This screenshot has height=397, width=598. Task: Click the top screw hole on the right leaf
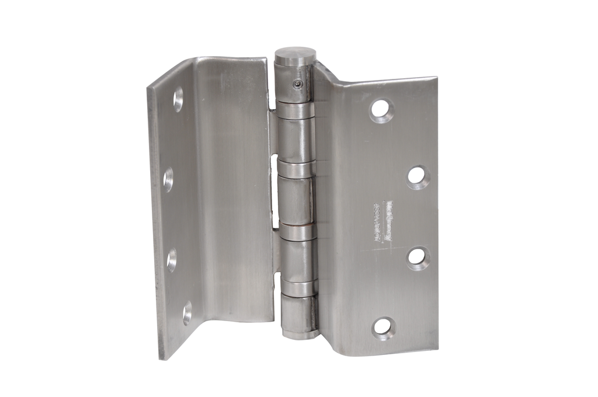tap(381, 111)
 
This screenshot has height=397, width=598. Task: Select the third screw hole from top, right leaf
tap(418, 258)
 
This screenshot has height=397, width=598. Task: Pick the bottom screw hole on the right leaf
tap(384, 327)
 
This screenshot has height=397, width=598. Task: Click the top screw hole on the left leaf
tap(178, 99)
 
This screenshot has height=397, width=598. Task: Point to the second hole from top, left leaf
tap(168, 180)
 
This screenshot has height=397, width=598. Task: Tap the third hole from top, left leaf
tap(172, 260)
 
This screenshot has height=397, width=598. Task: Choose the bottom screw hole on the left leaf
tap(187, 312)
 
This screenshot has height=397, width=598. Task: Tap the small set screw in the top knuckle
tap(298, 85)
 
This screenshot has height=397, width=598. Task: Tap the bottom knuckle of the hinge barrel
tap(299, 314)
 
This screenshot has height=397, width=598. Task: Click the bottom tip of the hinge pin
tap(301, 335)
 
